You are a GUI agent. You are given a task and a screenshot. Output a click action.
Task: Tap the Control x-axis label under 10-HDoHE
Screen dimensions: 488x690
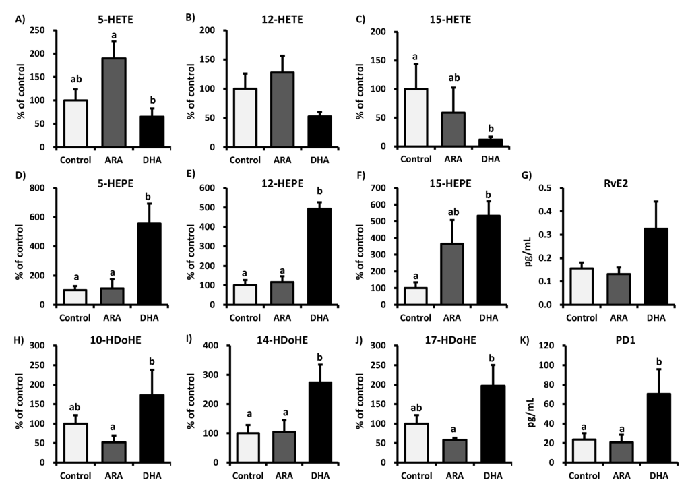point(75,473)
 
